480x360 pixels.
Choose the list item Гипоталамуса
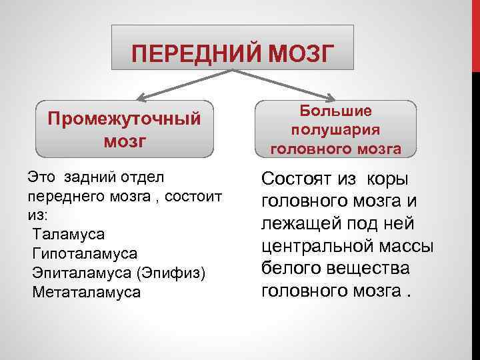coord(84,254)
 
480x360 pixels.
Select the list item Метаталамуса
coord(86,293)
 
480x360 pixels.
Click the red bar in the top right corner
coord(476,33)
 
